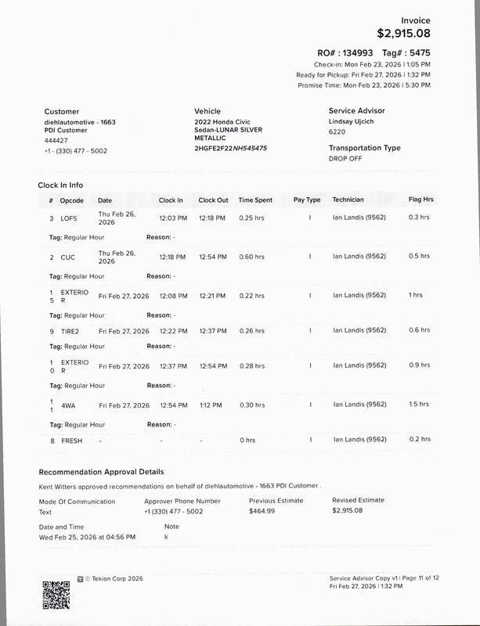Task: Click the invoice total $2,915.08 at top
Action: (x=403, y=34)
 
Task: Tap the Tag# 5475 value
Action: (x=416, y=52)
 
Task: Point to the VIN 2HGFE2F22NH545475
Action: (x=230, y=148)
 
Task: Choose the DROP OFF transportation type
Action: (x=346, y=158)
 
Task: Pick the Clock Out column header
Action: (x=213, y=200)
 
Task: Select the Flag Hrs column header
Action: (x=420, y=200)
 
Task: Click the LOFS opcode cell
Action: (x=69, y=218)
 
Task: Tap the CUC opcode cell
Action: (x=68, y=257)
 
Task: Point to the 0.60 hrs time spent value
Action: (x=251, y=257)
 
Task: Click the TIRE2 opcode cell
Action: (x=71, y=331)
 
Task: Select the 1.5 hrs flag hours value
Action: (x=419, y=405)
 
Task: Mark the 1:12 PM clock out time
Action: (x=211, y=405)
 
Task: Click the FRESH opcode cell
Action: (x=71, y=441)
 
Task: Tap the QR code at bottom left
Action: (x=56, y=595)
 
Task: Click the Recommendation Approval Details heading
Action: (x=101, y=472)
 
